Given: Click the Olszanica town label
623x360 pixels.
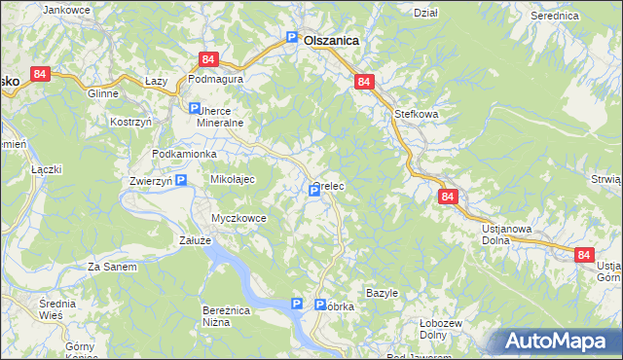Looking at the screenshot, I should tap(331, 41).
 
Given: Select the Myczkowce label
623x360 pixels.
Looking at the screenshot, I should tap(239, 218).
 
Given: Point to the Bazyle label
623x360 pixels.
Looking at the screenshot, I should tap(383, 293).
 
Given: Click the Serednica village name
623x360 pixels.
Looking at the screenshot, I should tap(556, 17).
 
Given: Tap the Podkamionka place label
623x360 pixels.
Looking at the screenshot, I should tap(185, 155).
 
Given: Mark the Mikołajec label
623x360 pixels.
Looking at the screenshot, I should tap(233, 180).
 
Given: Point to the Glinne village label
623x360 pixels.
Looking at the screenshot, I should tap(102, 94).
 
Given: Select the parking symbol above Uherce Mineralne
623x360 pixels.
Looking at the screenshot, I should tap(194, 109).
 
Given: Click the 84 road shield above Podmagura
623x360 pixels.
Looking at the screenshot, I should tap(207, 59).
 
